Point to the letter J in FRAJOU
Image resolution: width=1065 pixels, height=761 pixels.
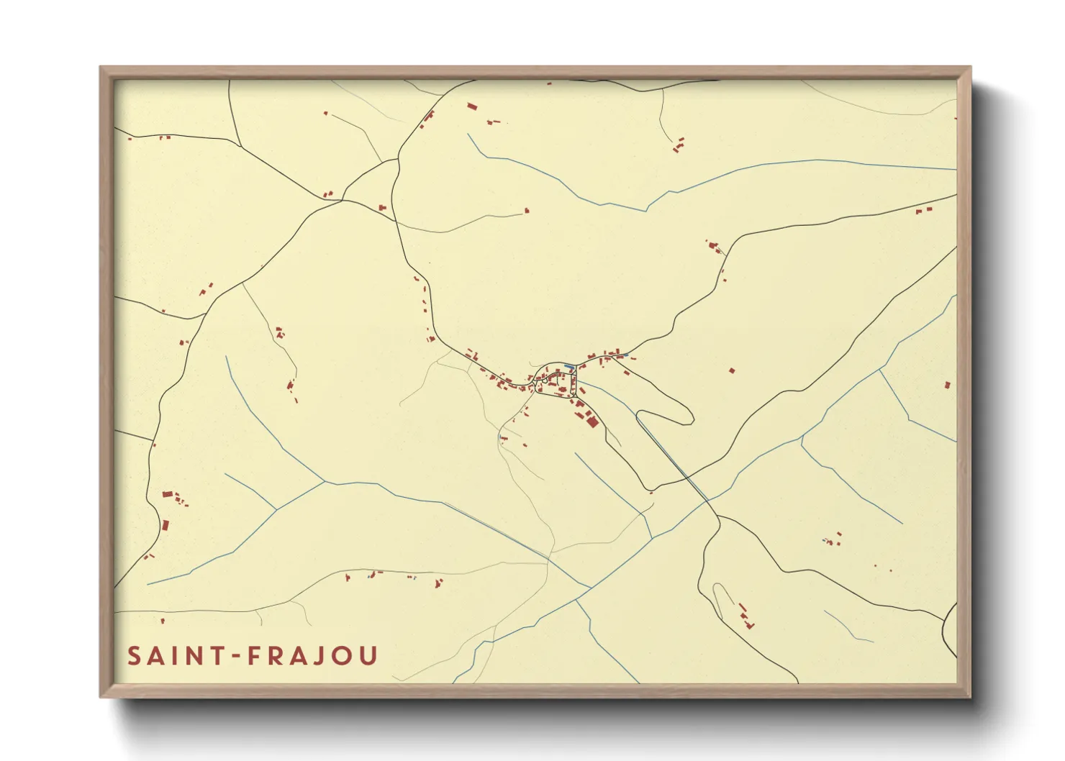(314, 656)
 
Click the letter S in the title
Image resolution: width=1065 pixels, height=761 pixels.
(135, 656)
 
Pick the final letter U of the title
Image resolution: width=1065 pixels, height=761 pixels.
(368, 656)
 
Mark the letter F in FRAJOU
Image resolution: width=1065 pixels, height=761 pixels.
(253, 656)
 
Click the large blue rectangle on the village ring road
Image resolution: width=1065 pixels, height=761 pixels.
(569, 366)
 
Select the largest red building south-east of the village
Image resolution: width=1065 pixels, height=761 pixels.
(592, 421)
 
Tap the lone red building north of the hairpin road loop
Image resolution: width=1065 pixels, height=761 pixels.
(732, 371)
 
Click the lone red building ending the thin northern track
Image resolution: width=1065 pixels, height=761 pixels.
(527, 211)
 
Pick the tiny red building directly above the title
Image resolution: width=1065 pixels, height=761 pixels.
(163, 620)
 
